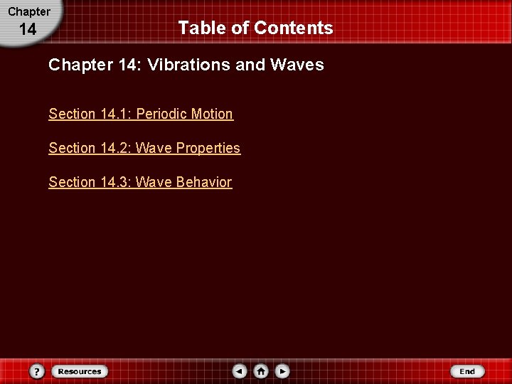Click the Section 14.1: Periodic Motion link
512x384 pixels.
(x=141, y=114)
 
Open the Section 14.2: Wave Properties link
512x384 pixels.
(x=144, y=148)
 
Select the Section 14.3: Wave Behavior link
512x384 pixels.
(x=140, y=182)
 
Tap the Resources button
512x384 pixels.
(x=79, y=371)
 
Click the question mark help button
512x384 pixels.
(x=38, y=371)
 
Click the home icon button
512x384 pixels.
(x=261, y=371)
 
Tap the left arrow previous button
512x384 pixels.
(x=240, y=371)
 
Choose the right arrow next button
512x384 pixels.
(x=282, y=371)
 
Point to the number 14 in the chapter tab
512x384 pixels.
(x=28, y=30)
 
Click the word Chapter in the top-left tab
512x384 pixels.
(x=29, y=11)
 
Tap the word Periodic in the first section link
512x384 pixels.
(x=162, y=114)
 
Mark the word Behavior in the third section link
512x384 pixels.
(x=203, y=182)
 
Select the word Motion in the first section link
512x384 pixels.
(x=212, y=114)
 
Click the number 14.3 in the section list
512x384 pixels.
(x=114, y=182)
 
